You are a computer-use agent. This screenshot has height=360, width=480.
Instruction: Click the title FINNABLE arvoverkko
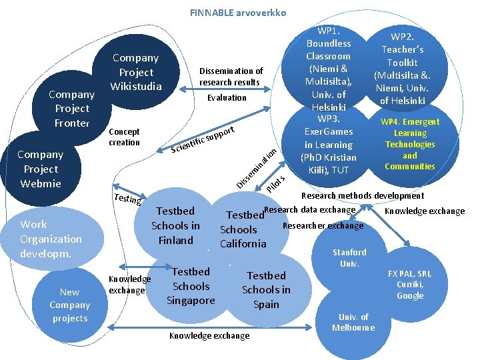238,13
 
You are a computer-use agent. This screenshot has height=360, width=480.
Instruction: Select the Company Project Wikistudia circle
136,72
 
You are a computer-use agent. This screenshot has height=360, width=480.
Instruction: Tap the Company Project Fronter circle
72,108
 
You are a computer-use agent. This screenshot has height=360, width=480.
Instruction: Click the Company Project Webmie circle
41,169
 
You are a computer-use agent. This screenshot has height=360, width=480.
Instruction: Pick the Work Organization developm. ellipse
51,239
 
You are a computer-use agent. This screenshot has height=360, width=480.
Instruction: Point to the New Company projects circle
69,305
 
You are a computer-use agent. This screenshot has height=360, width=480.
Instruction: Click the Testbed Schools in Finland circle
175,225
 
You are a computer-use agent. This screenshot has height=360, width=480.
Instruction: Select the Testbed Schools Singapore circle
191,286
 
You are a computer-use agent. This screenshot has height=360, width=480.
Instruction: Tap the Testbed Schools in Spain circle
266,290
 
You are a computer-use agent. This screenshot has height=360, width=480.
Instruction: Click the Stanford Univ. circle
349,258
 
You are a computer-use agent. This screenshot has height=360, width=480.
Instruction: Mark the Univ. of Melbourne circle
353,322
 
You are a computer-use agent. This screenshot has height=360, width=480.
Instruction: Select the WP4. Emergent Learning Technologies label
409,144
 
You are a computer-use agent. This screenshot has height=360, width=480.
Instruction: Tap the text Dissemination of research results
231,76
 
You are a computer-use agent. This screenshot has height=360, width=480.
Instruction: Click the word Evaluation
227,97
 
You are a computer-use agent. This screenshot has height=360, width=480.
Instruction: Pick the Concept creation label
124,137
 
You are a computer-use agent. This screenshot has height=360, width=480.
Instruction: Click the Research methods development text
363,195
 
